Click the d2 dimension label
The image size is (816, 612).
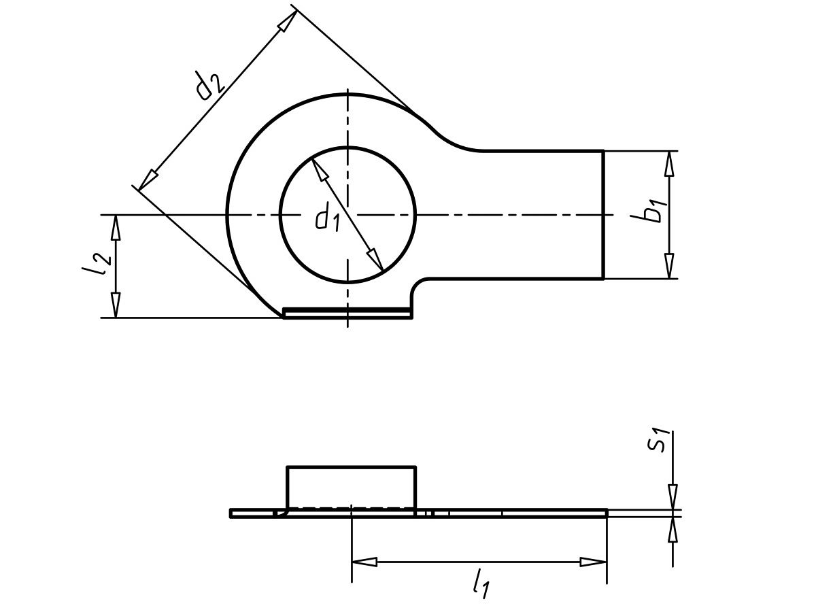click(210, 86)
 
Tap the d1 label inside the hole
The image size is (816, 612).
click(328, 217)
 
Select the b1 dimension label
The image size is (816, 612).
click(649, 211)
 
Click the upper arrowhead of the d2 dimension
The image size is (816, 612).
click(288, 21)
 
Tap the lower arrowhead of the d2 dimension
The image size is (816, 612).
click(148, 180)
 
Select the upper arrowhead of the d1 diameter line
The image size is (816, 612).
click(319, 170)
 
